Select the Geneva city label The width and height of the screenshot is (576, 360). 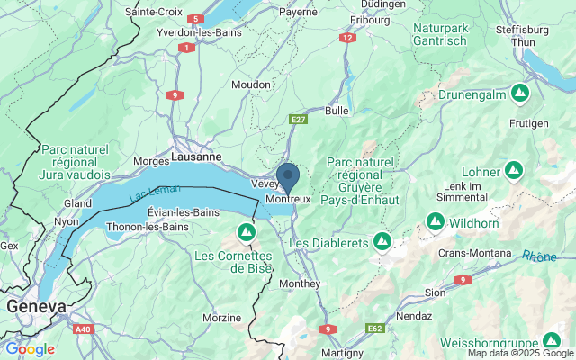point(37,307)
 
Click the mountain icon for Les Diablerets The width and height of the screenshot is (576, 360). point(382,241)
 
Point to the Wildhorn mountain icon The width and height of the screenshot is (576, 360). point(435,220)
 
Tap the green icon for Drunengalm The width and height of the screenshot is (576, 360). point(519,93)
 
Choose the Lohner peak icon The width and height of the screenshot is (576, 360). point(514,168)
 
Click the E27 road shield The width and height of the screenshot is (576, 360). point(299,119)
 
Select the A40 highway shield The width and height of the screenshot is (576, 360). point(83,329)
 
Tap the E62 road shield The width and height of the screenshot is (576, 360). point(376,329)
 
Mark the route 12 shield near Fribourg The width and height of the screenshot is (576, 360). point(347,38)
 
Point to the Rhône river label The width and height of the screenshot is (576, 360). point(539,256)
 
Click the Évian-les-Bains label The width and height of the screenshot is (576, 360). point(183,212)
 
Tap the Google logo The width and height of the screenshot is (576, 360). point(30,349)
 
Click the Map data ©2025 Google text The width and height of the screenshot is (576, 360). point(519,353)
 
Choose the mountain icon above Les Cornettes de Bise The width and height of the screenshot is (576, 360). point(246,233)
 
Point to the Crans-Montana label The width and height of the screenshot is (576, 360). point(475,254)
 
